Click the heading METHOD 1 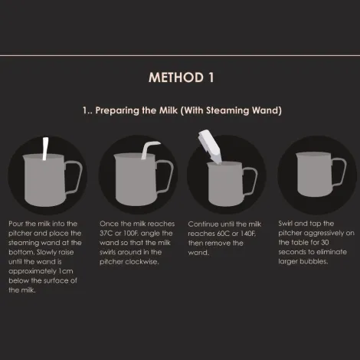coord(181,77)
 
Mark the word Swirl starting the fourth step coord(286,223)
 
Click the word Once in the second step coord(109,223)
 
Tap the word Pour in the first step coord(15,223)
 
